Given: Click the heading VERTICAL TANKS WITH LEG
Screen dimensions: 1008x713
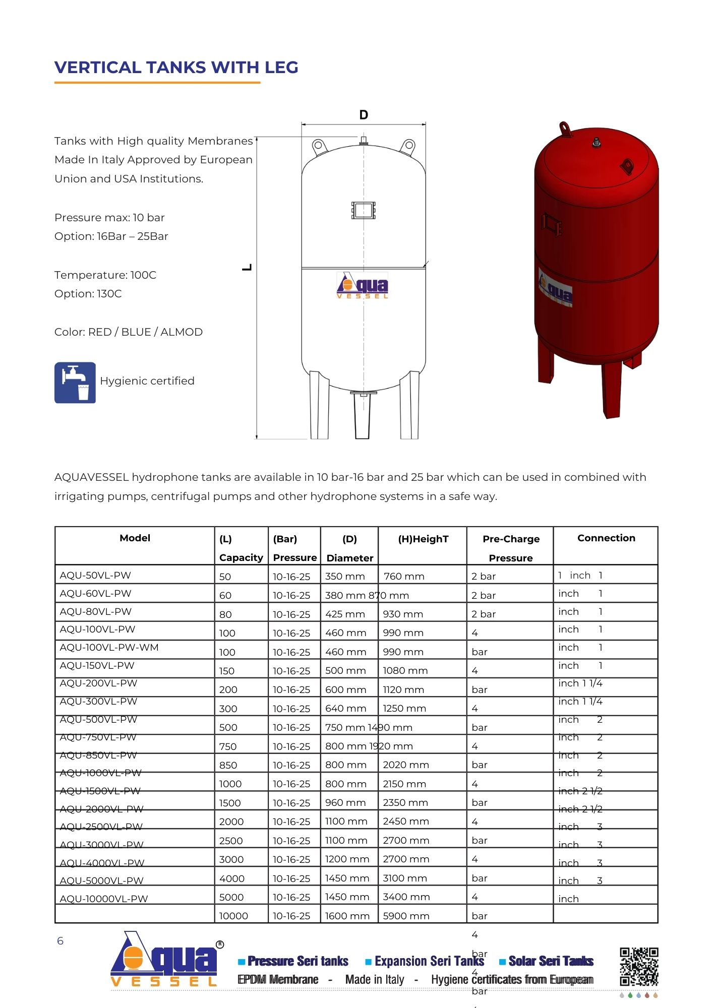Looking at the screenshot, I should click(176, 68).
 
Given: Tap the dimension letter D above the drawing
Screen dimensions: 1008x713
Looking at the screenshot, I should click(364, 115).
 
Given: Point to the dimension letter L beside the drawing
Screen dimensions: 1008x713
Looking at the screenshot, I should click(247, 268).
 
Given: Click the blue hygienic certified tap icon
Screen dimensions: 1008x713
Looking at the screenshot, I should click(75, 383).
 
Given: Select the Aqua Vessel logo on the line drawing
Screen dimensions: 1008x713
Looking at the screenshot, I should click(363, 286).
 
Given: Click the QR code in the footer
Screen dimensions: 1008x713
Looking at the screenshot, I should click(639, 966).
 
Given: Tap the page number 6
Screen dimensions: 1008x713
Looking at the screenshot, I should click(60, 941).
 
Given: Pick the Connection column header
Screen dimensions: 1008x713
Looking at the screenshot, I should click(606, 538).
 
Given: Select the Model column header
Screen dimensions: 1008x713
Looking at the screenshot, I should click(135, 538).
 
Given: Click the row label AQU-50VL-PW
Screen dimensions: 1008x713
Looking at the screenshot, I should click(95, 575).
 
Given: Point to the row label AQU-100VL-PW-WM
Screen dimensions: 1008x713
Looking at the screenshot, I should click(109, 647).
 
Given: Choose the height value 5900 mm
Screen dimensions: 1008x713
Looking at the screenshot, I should click(406, 916).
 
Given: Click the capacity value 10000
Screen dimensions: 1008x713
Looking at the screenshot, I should click(233, 916).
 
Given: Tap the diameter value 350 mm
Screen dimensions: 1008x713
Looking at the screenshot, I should click(345, 576).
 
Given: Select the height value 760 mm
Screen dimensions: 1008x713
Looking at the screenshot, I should click(404, 576).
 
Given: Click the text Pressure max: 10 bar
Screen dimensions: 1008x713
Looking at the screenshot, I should click(109, 218).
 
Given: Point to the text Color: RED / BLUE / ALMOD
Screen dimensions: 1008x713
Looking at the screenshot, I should click(129, 332).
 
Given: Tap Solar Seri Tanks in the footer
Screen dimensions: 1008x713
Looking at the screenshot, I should click(551, 961).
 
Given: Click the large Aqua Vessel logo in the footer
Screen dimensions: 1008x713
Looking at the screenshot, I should click(164, 960).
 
